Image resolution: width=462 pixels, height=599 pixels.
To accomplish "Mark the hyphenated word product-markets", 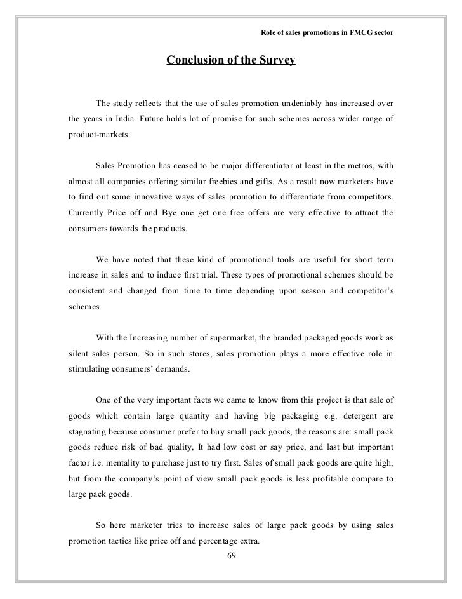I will tap(98, 137).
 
